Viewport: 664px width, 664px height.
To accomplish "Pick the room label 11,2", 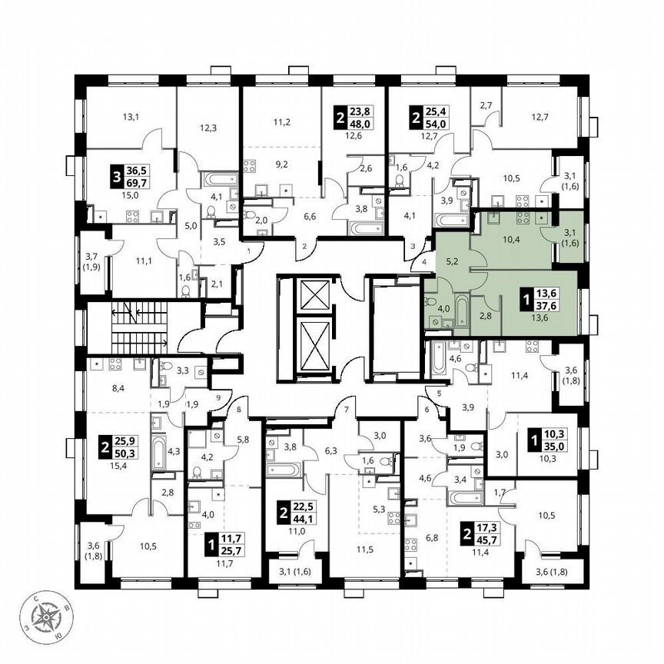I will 281,121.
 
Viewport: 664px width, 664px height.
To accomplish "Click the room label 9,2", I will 281,164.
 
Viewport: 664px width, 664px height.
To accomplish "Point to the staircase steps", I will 138,326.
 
